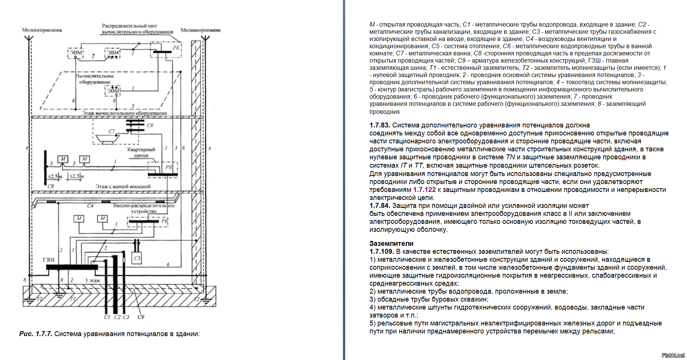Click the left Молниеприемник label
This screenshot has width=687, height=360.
point(42,30)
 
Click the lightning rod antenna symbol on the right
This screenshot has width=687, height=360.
point(205,39)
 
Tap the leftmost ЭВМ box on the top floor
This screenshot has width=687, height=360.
point(76,53)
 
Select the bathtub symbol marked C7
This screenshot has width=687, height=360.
point(108,139)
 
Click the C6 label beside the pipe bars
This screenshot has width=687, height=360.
point(150,125)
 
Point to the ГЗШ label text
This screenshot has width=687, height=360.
point(49,260)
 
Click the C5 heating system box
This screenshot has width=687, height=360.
point(137,258)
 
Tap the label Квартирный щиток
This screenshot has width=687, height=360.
point(141,152)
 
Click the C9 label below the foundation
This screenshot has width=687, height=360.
point(141,317)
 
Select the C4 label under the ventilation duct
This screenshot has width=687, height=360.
point(90,206)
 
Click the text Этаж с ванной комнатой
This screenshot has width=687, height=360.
point(123,187)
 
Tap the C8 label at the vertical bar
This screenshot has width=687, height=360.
point(51,186)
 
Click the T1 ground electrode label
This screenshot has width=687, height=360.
point(73,299)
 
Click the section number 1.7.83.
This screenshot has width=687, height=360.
point(380,125)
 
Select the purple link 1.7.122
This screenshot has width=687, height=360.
point(424,190)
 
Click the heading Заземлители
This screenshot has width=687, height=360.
point(391,244)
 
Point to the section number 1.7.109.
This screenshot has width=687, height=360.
point(381,252)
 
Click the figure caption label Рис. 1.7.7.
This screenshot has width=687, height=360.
point(36,334)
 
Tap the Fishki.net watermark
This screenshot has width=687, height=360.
point(673,355)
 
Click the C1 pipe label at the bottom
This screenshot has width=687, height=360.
point(107,317)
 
